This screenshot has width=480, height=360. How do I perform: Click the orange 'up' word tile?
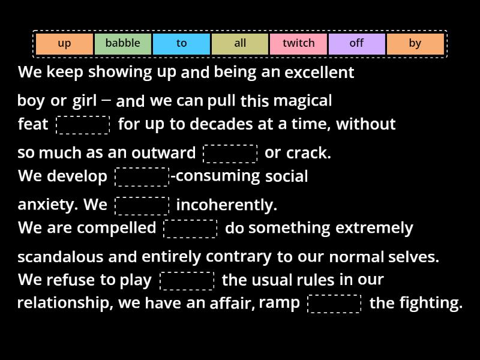(x=64, y=44)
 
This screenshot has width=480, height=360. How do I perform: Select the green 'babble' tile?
(x=122, y=44)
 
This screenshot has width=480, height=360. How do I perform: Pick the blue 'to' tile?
(x=181, y=44)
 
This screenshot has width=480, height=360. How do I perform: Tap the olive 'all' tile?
(x=240, y=44)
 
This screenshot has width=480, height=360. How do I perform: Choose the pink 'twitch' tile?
(x=298, y=44)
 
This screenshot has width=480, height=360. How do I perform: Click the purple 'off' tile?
(x=356, y=44)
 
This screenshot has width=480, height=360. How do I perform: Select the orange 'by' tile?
(x=415, y=44)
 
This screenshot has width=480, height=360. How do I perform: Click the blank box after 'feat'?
(x=83, y=125)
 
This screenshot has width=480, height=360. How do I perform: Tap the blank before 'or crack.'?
(x=230, y=154)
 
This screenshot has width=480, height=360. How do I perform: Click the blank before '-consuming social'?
(x=142, y=177)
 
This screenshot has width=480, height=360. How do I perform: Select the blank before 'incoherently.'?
(x=142, y=206)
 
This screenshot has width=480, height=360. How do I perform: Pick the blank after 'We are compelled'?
(x=190, y=229)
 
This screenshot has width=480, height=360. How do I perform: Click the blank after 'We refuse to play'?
(x=187, y=281)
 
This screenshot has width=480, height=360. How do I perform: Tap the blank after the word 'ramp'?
(x=334, y=304)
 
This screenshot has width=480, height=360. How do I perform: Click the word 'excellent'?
(x=319, y=73)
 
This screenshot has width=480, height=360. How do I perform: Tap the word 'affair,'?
(x=232, y=304)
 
